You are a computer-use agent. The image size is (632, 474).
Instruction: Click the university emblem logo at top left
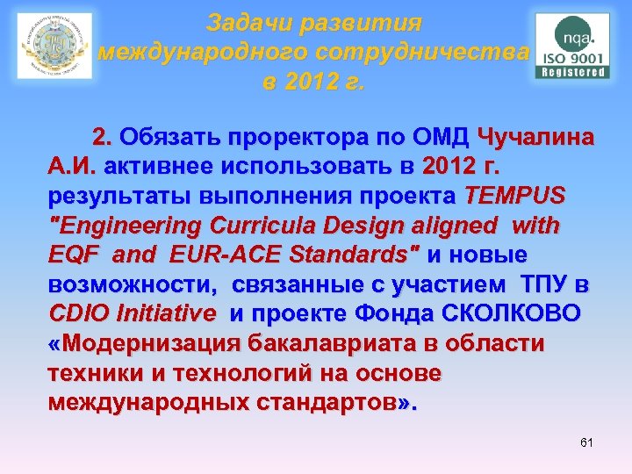click(54, 46)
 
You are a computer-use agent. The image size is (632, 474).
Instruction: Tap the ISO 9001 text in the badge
click(572, 55)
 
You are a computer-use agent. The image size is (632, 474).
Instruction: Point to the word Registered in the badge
click(572, 72)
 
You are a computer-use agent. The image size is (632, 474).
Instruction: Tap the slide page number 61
click(586, 442)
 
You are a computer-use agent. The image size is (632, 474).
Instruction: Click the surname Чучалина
click(535, 138)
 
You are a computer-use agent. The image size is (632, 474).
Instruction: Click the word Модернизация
click(153, 343)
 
